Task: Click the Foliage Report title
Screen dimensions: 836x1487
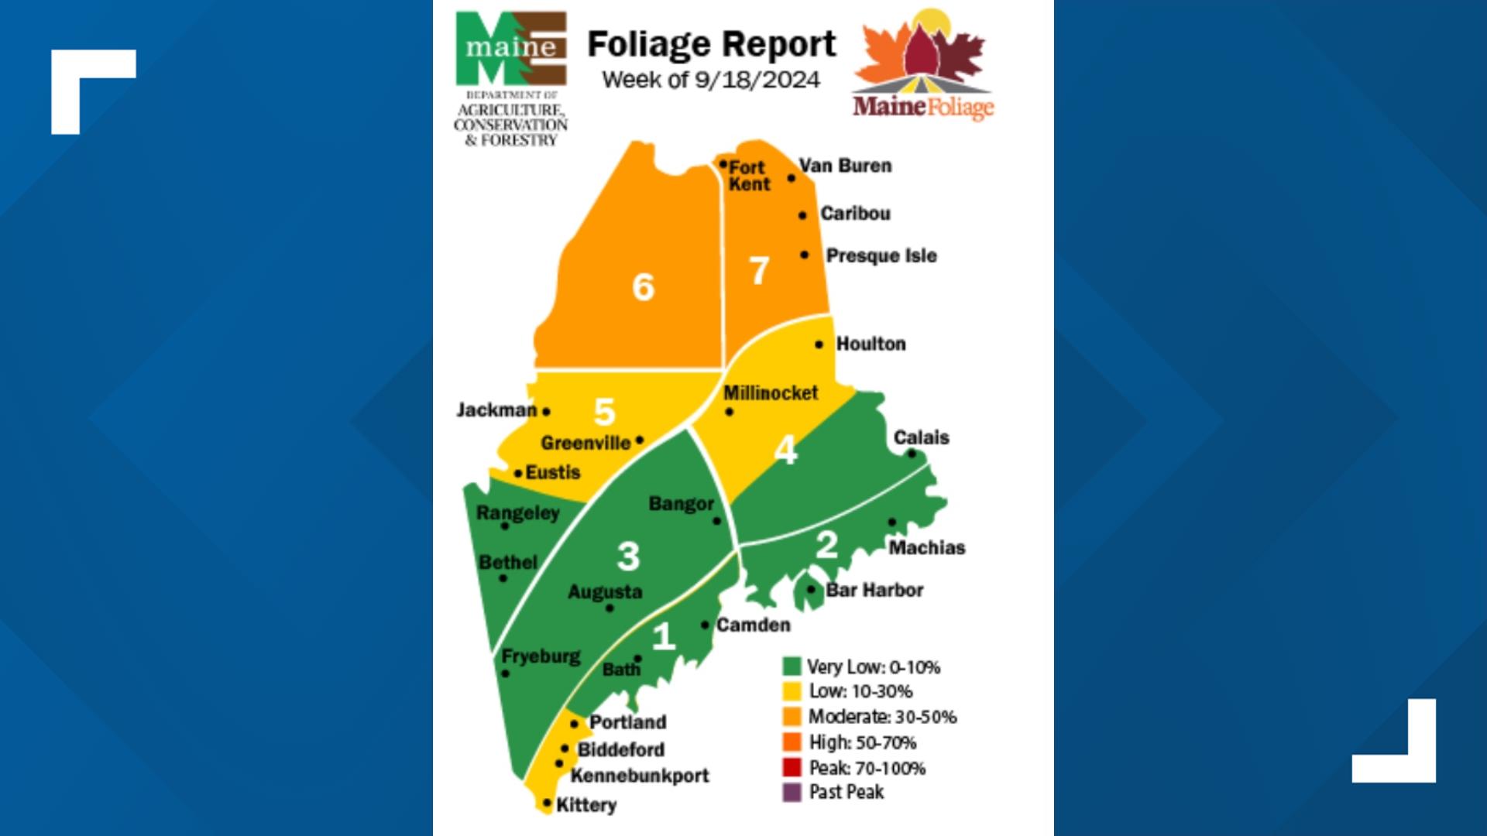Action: click(x=711, y=44)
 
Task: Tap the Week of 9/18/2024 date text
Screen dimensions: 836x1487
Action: click(x=711, y=80)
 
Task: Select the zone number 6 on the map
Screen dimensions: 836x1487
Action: click(x=643, y=287)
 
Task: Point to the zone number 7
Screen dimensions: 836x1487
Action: click(x=759, y=271)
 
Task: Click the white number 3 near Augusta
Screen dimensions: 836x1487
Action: click(x=628, y=556)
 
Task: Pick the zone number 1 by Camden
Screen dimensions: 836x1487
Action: click(x=663, y=636)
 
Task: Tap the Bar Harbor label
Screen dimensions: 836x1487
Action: click(x=874, y=590)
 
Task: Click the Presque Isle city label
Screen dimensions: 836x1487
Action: click(x=881, y=255)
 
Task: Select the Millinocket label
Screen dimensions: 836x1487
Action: click(x=771, y=393)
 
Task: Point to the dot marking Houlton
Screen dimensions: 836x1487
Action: click(x=819, y=344)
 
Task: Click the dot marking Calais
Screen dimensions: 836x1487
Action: click(x=912, y=454)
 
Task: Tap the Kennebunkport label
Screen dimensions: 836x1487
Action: click(x=640, y=776)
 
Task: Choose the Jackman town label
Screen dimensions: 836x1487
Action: click(x=496, y=409)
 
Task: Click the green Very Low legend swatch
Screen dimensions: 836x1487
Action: click(x=792, y=666)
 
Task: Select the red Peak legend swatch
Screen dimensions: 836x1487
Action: click(x=792, y=768)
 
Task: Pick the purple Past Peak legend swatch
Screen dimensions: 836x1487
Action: click(x=792, y=793)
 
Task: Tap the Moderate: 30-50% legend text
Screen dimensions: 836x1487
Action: click(x=882, y=717)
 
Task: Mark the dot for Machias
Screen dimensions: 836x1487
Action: click(x=891, y=522)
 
